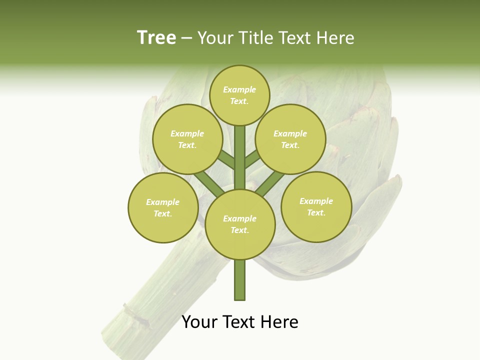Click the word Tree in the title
(x=156, y=37)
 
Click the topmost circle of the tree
(x=239, y=95)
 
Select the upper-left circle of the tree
(x=187, y=139)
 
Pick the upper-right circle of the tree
(x=290, y=139)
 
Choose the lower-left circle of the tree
(x=163, y=207)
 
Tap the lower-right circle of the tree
(x=316, y=206)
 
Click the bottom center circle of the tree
(x=240, y=224)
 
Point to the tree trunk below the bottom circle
(x=240, y=280)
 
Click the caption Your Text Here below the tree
(x=240, y=322)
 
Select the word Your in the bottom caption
(x=199, y=322)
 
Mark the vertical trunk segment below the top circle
(x=240, y=150)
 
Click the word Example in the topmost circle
(x=239, y=89)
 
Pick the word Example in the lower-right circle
(x=316, y=201)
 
